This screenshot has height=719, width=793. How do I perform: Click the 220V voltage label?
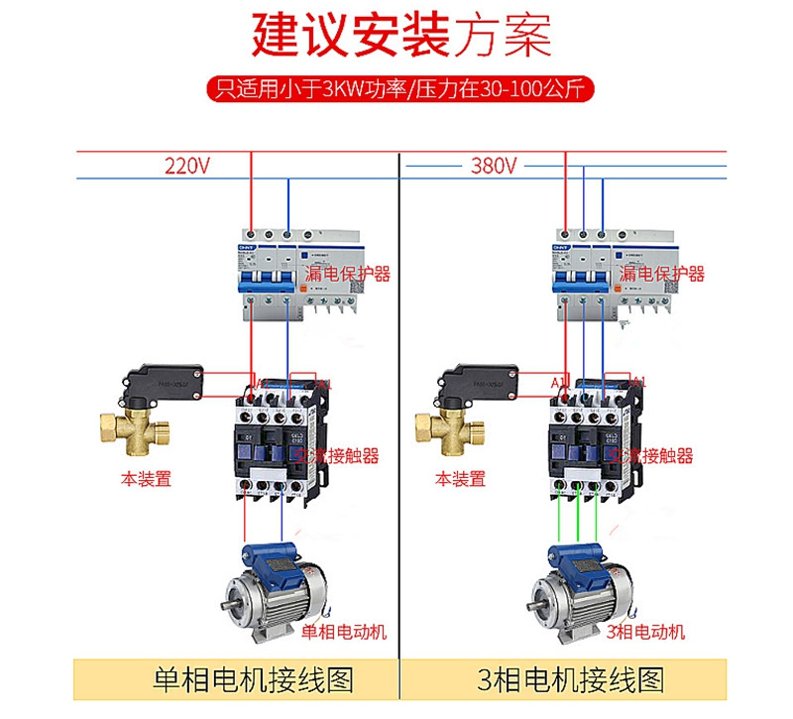coord(187,166)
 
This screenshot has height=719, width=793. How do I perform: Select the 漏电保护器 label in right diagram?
coord(661,273)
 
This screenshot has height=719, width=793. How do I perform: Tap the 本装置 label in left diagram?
coord(146,479)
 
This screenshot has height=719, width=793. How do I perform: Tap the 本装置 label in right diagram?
coord(460,479)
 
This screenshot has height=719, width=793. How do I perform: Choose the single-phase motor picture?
coord(272,590)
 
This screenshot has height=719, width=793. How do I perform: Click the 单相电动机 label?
coord(343,632)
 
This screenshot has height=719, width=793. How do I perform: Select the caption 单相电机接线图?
coord(254,679)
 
